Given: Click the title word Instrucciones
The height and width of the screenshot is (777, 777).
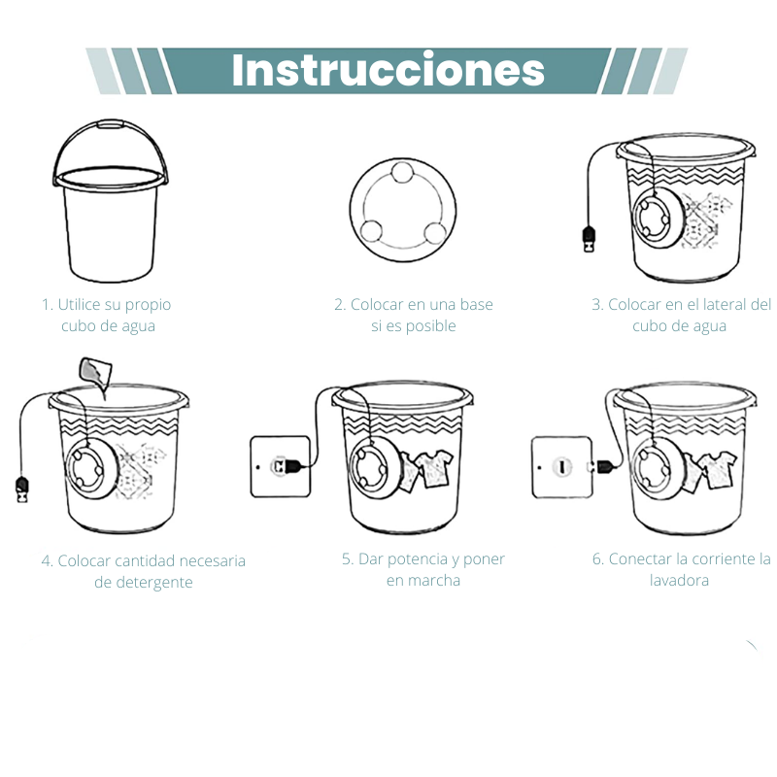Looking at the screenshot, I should (388, 70).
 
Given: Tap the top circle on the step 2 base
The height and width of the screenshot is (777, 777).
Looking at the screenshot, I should (401, 176).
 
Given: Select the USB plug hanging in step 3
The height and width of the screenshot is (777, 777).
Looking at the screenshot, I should (589, 237).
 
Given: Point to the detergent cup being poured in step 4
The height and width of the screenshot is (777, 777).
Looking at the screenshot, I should (94, 371).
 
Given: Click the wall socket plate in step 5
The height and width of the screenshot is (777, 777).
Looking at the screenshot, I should (280, 466).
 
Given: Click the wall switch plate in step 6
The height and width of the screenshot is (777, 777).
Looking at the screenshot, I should (561, 466).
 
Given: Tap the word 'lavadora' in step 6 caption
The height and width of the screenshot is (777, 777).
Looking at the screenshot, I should (679, 581).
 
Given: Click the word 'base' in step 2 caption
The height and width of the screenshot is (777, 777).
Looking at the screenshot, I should (476, 305).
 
